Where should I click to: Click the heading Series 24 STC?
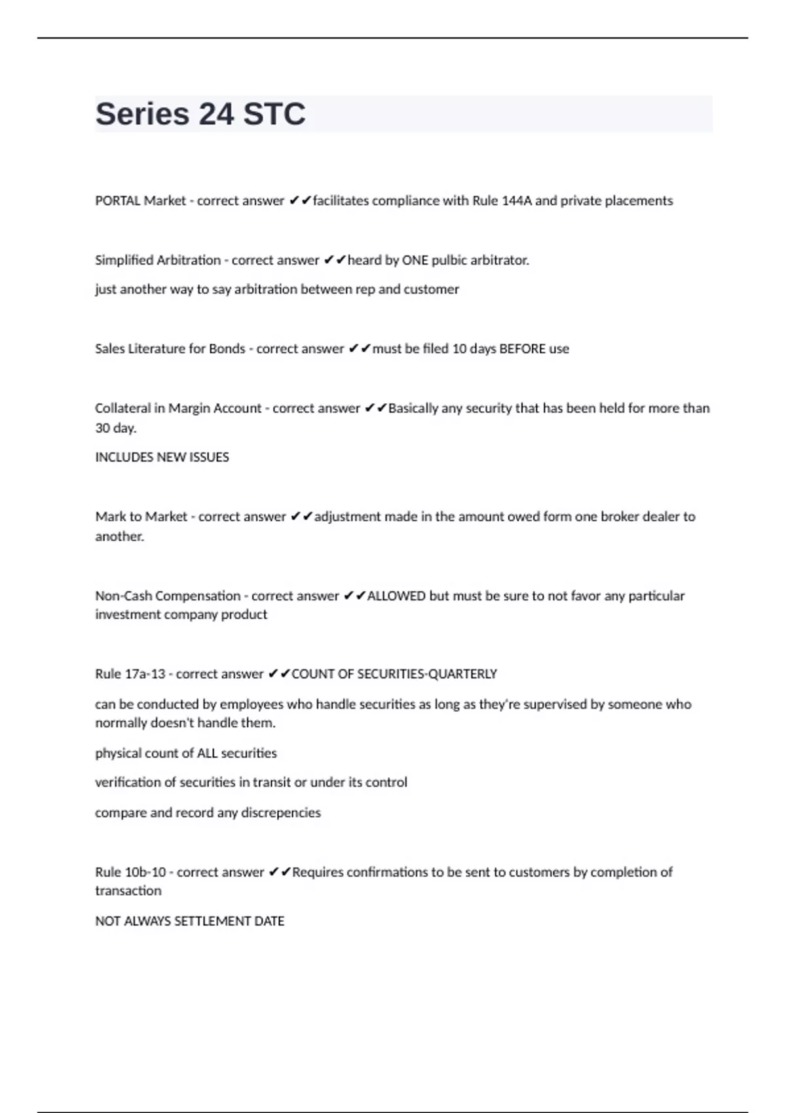pos(200,114)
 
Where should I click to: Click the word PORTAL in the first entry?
pos(118,201)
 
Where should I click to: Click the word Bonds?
pos(227,349)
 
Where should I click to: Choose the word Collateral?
pos(122,409)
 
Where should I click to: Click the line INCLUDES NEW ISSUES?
pos(162,457)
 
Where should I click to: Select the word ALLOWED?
pos(396,596)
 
